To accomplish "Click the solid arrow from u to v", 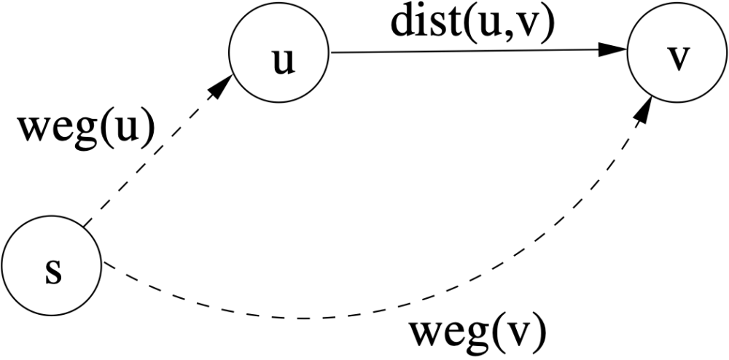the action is [x=478, y=50].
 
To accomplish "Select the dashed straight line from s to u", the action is [x=158, y=151].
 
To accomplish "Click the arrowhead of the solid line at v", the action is [x=612, y=50].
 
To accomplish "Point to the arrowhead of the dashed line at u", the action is [x=222, y=87].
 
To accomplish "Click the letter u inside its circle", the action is [x=283, y=62].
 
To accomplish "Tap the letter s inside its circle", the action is [x=53, y=273].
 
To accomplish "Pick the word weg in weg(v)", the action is [x=448, y=338].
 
